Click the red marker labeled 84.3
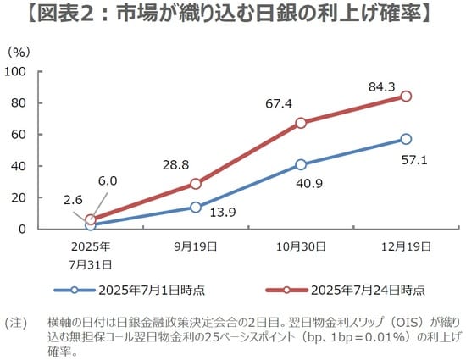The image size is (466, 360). (406, 96)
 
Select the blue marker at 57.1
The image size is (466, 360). (406, 139)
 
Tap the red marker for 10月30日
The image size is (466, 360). (301, 123)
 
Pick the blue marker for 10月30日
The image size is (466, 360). (301, 164)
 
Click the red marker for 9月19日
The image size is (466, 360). (196, 184)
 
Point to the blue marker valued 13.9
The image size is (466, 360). (196, 207)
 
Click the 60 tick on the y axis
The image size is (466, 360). (18, 134)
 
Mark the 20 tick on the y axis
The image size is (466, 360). (18, 197)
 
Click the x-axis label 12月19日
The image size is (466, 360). (405, 246)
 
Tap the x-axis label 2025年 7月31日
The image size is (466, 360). (91, 253)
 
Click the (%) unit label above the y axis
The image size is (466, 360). (19, 52)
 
